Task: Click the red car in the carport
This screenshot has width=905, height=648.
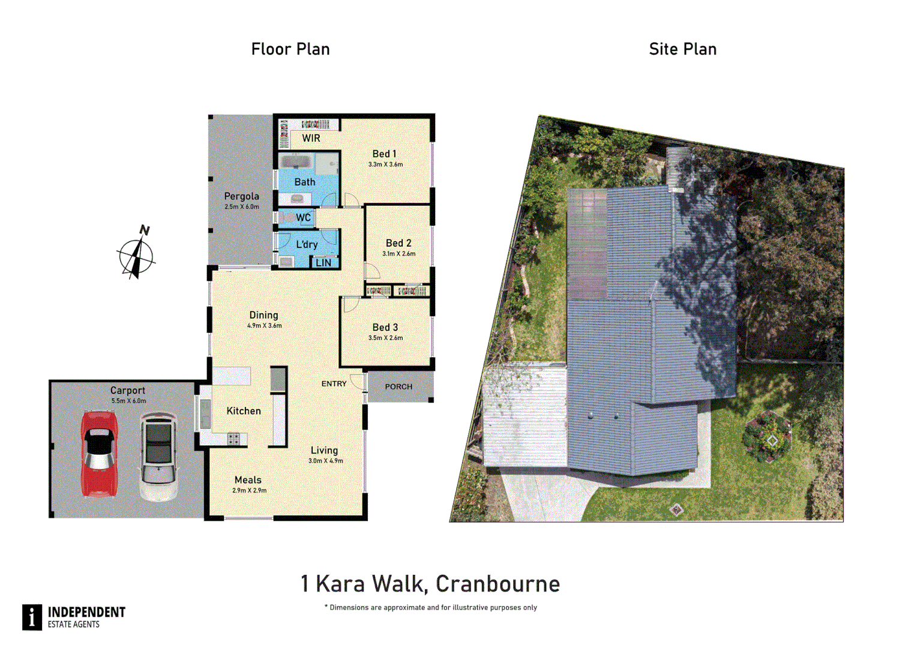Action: [x=99, y=454]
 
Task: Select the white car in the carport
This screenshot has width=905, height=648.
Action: [x=158, y=456]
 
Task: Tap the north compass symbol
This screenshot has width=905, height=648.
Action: [x=137, y=254]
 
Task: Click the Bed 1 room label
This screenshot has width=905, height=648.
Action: [x=384, y=154]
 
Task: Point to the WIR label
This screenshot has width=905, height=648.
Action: [x=311, y=139]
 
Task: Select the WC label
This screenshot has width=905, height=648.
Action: [x=304, y=217]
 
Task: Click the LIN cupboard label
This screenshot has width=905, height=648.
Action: [x=323, y=263]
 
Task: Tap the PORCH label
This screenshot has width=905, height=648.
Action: [x=398, y=387]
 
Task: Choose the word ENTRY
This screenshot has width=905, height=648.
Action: [x=334, y=384]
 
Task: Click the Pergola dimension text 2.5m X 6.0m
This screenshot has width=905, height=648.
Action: [x=242, y=207]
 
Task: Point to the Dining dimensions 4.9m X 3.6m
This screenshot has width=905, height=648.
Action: [x=264, y=326]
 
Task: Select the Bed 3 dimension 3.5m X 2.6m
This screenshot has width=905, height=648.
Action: [x=385, y=338]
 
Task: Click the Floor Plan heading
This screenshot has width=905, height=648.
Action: [x=290, y=49]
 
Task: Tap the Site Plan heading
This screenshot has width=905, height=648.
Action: [x=682, y=49]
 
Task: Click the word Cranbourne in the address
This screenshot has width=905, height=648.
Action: [x=498, y=584]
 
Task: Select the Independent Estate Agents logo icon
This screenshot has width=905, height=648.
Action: [x=32, y=617]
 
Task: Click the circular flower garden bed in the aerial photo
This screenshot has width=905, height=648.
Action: [x=768, y=437]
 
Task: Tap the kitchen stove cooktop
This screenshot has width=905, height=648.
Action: [x=233, y=439]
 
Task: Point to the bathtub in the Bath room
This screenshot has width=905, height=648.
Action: [x=295, y=163]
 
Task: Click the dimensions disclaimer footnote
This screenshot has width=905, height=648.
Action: [x=431, y=608]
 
